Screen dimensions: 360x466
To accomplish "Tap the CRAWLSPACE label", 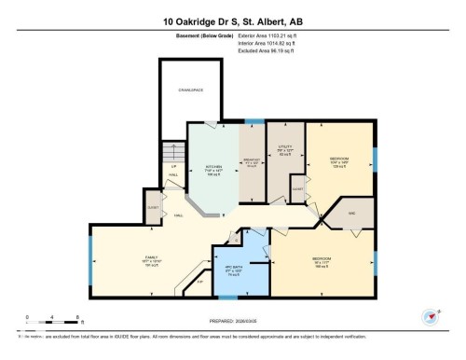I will click(190, 91).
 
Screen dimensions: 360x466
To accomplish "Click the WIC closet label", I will click(353, 214).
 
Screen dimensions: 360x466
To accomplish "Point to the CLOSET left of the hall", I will click(152, 208).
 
